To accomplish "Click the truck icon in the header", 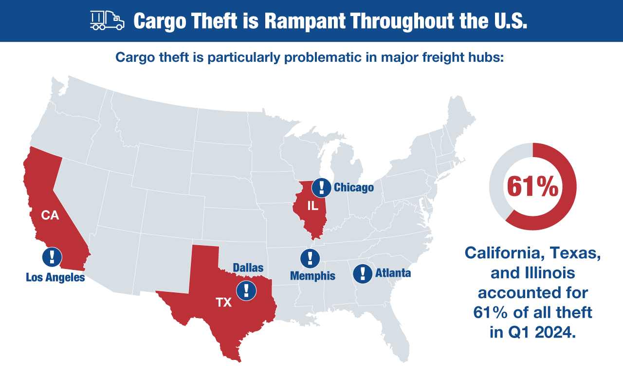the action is click(x=107, y=20).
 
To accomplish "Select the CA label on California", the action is click(x=50, y=215).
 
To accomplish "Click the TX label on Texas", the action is click(x=224, y=302).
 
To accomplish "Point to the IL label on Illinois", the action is click(x=312, y=206).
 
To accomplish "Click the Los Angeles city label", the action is click(x=55, y=278).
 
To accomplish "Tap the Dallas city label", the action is click(x=248, y=268).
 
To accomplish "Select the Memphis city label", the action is click(x=312, y=276).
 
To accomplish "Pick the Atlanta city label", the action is click(x=393, y=273).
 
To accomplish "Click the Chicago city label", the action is click(x=354, y=187).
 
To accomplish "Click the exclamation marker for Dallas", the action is click(x=246, y=290).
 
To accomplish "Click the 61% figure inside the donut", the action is click(x=532, y=187).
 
